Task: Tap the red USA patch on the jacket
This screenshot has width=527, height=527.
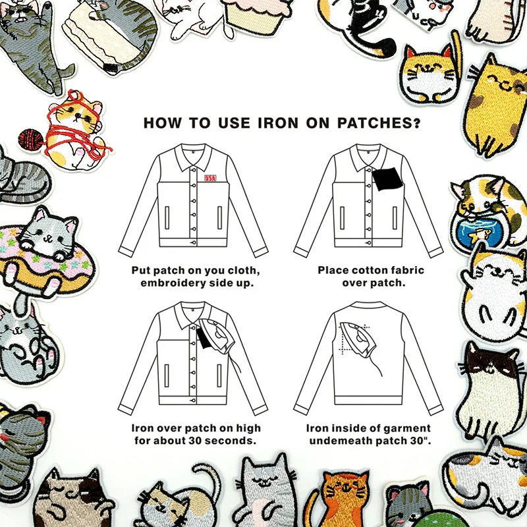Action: click(x=210, y=178)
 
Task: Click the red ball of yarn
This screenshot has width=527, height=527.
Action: click(x=30, y=140)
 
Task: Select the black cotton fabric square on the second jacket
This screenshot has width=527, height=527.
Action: click(x=387, y=179)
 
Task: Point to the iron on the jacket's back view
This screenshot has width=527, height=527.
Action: click(x=358, y=340)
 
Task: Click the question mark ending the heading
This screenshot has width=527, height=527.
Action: click(x=417, y=123)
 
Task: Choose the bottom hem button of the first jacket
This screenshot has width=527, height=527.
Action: click(x=193, y=242)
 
